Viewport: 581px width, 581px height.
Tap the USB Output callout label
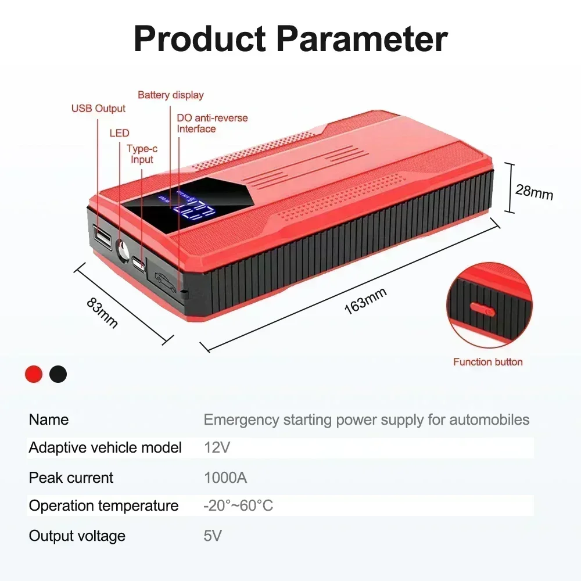(98, 108)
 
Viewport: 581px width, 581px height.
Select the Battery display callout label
(170, 95)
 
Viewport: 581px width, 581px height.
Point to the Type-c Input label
(142, 154)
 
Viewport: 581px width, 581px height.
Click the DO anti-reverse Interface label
(212, 123)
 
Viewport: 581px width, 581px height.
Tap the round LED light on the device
(123, 250)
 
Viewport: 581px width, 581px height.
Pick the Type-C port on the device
(138, 263)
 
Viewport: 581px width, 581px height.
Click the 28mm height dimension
(534, 192)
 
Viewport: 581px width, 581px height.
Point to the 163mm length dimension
(365, 301)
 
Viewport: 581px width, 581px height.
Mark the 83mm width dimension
(102, 314)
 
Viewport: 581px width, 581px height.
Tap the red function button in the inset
(482, 309)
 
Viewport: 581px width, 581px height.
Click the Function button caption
(487, 362)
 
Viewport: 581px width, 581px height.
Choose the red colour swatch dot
(34, 374)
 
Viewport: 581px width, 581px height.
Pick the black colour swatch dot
(58, 374)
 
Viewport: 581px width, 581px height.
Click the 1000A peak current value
(225, 478)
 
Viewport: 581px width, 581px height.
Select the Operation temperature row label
(104, 506)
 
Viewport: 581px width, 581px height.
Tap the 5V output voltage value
(213, 536)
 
